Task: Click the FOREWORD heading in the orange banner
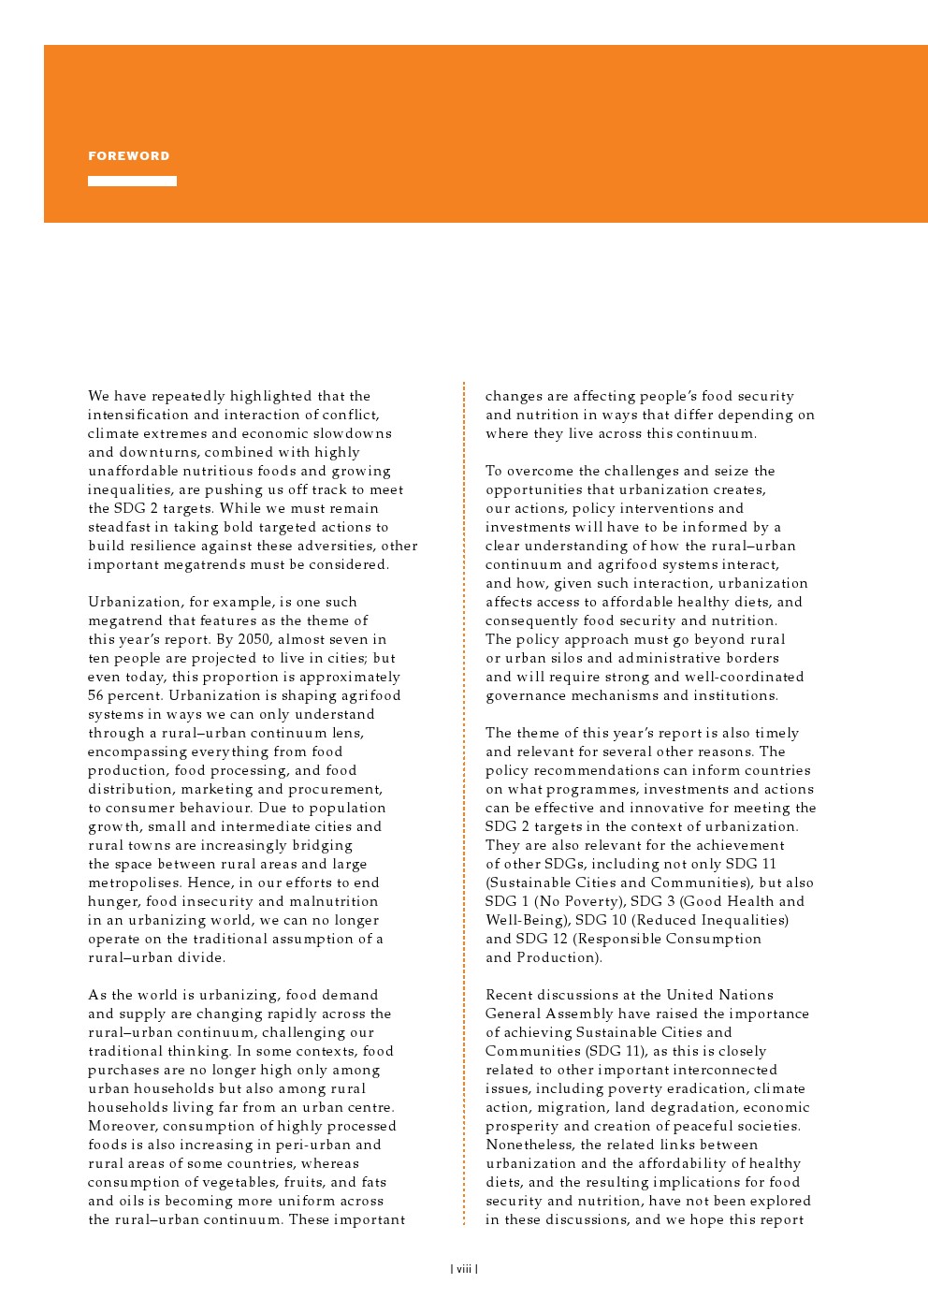(129, 156)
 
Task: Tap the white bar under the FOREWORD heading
(132, 181)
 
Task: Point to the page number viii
(464, 1269)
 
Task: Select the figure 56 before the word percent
(97, 695)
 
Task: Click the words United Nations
(719, 995)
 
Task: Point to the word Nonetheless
(529, 1145)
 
